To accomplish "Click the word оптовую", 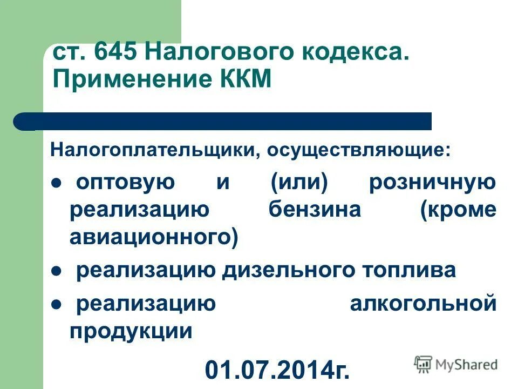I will tap(125, 182).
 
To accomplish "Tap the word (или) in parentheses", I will tap(299, 182).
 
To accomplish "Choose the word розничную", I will tap(432, 182).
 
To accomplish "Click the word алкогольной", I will tap(422, 304).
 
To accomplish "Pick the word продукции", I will tap(131, 331).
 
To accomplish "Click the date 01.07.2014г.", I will tap(277, 370).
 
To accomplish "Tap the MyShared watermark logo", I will tap(456, 364).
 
